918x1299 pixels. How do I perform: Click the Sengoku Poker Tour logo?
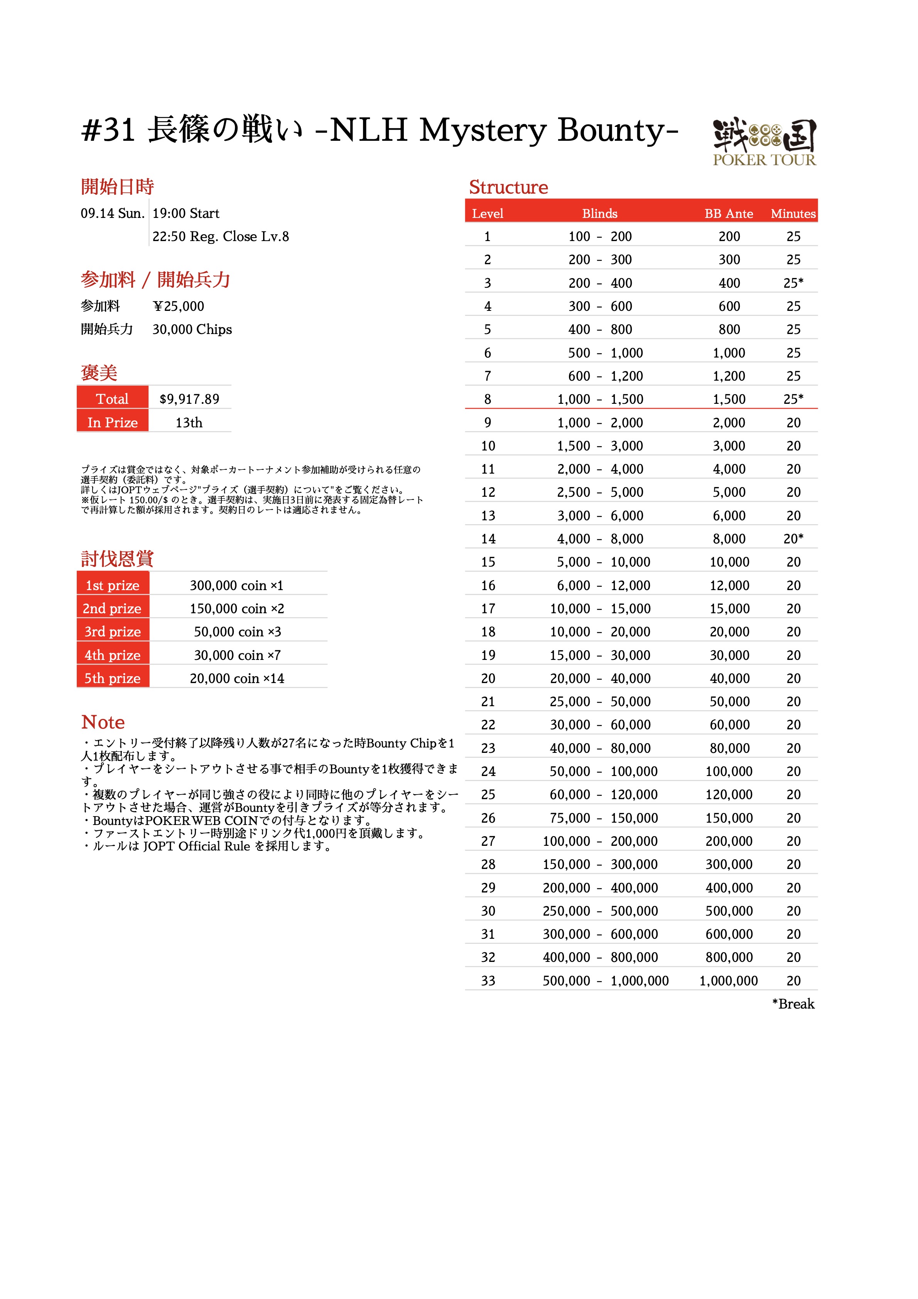pos(764,142)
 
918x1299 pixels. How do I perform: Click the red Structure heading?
pos(508,187)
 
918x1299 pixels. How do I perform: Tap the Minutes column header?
pos(793,213)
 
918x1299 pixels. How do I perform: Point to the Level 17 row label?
pos(488,609)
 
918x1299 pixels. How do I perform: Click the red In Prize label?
pos(113,423)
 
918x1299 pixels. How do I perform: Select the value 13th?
pos(189,423)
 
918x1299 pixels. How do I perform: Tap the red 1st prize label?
pos(113,585)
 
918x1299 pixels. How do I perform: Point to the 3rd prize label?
pos(113,632)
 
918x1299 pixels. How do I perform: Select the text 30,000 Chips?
pos(192,330)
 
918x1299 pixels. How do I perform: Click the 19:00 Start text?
pos(186,214)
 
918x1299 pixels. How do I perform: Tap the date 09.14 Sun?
pos(113,214)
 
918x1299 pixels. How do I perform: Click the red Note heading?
pos(103,722)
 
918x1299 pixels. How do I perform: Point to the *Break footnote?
pos(793,1004)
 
